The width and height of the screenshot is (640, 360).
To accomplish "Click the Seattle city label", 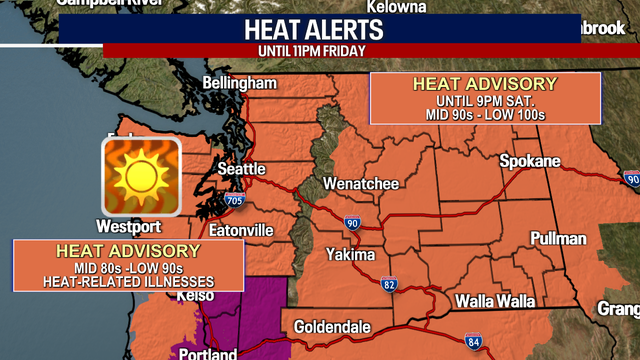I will (242, 169).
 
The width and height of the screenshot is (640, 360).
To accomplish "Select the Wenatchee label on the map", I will (361, 184).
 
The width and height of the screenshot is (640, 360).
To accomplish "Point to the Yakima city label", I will (351, 254).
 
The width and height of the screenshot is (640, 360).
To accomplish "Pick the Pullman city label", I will (558, 239).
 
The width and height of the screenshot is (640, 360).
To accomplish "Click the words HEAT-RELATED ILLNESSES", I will (128, 281).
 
